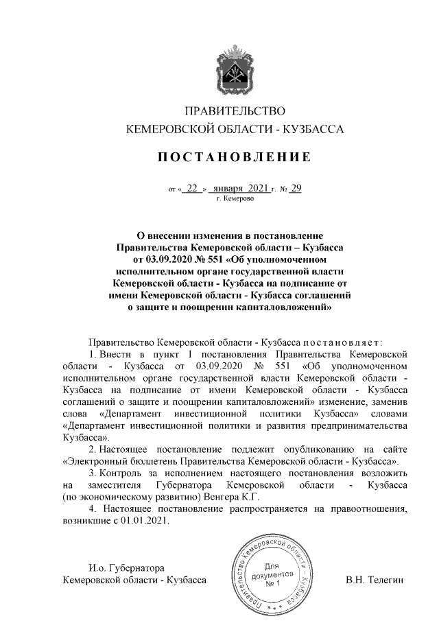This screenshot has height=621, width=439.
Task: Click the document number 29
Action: [x=296, y=187]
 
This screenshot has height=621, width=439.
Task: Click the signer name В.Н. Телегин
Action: [x=376, y=581]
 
